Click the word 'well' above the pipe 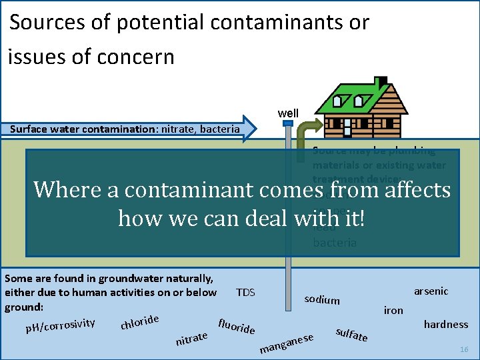point(288,113)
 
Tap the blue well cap point(288,123)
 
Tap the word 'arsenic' point(431,291)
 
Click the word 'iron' point(393,310)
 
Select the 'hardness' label point(446,325)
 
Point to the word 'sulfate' point(351,333)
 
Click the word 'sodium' point(322,299)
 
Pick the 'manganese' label point(287,343)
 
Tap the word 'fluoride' point(237,323)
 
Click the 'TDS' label point(245,293)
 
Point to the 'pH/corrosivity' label point(60,325)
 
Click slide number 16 point(465,349)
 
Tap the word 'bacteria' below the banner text point(335,243)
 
